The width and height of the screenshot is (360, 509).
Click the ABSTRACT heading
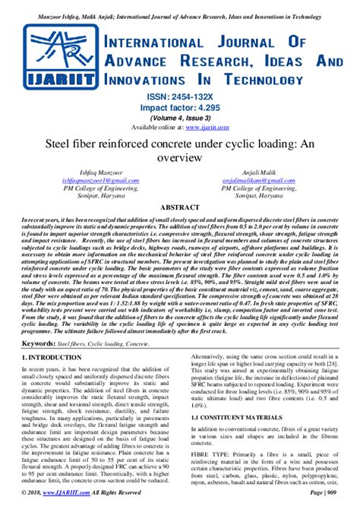(x=179, y=207)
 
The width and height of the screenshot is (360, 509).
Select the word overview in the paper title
(x=179, y=158)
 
